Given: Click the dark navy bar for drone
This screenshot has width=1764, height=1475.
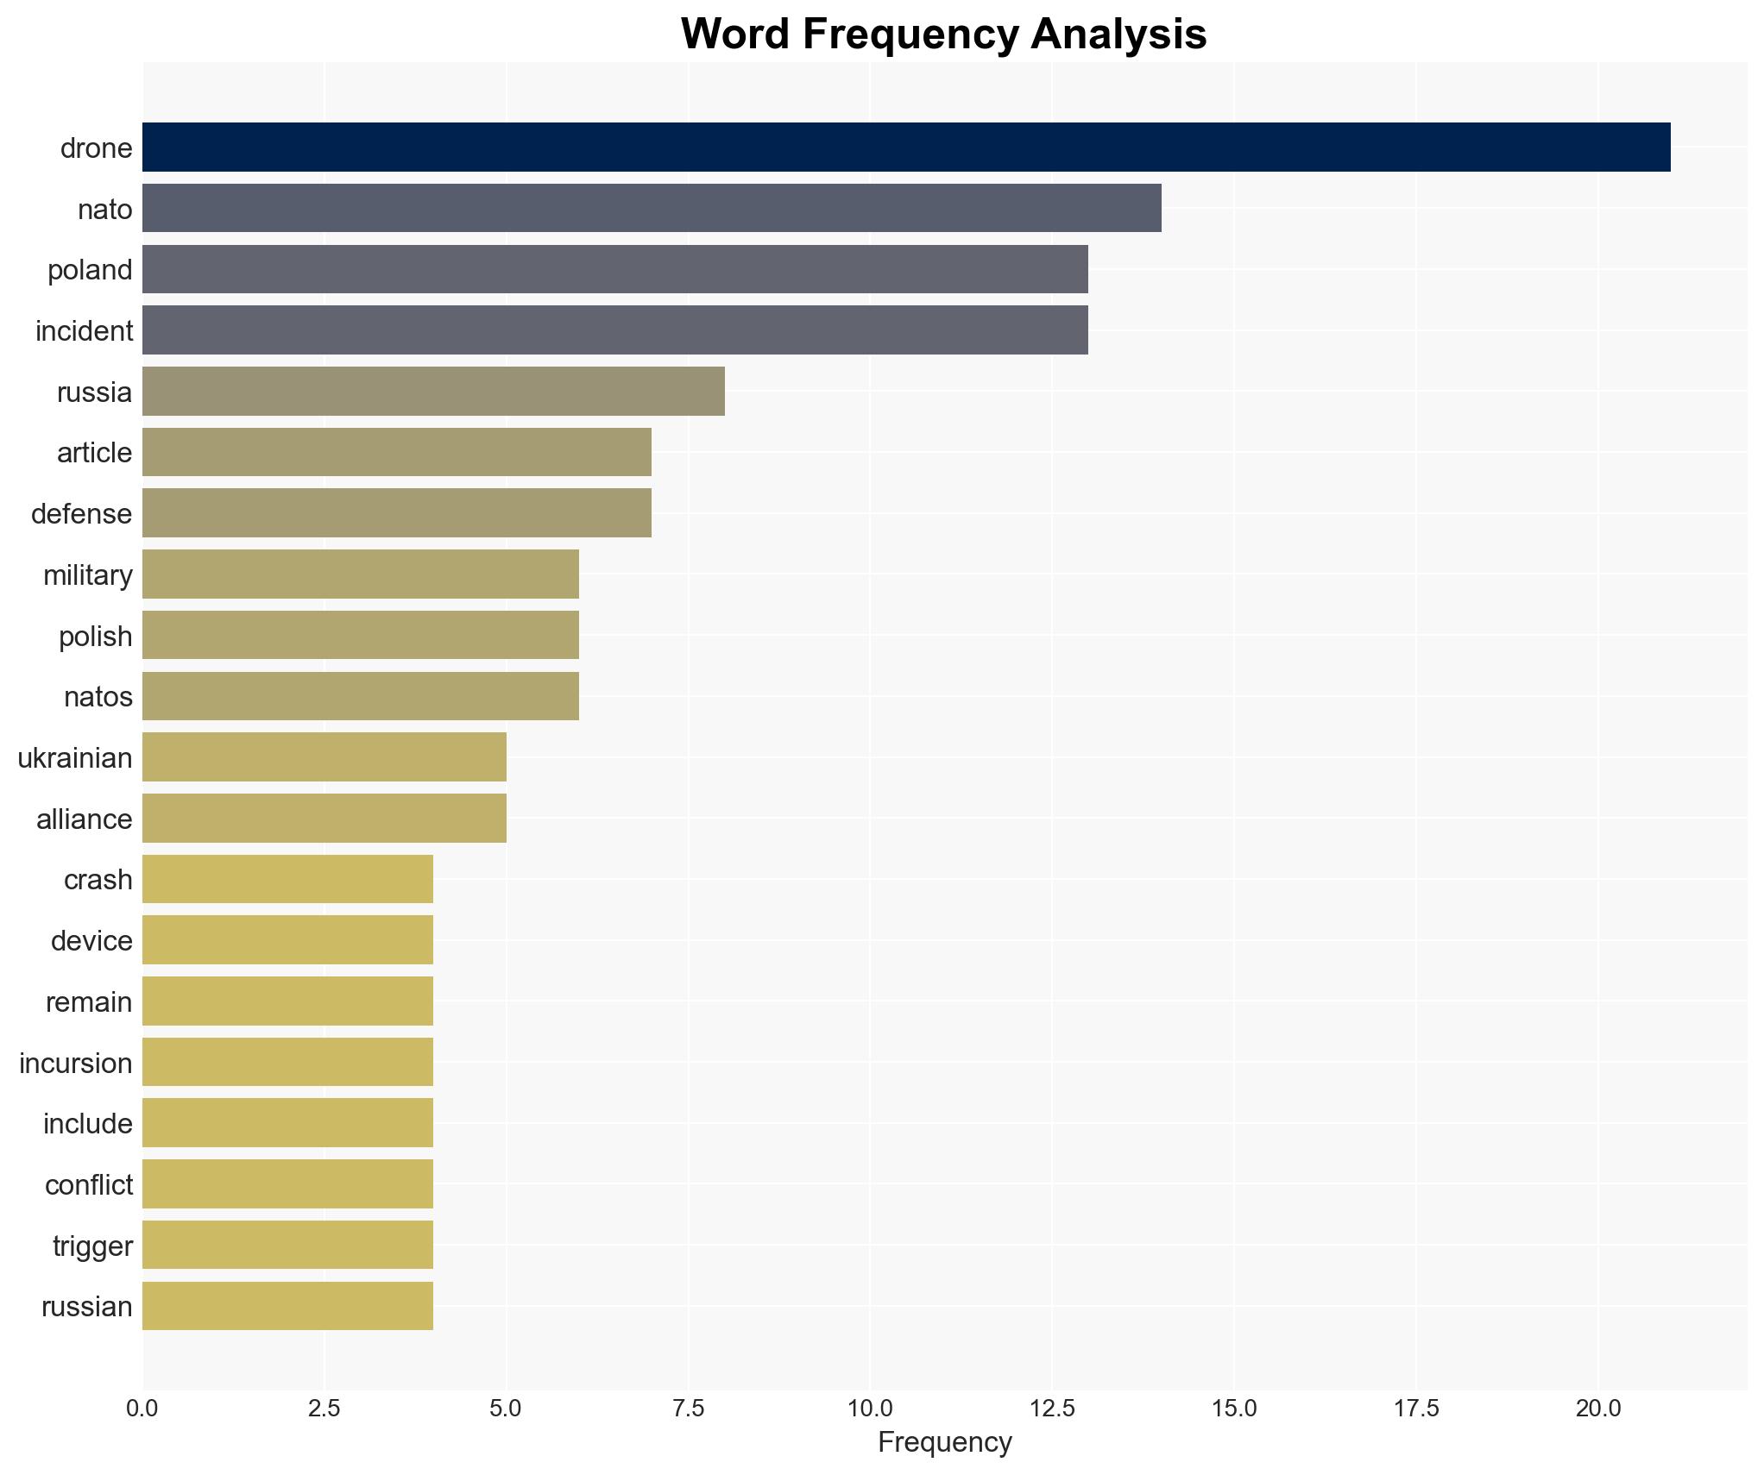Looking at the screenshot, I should click(x=906, y=147).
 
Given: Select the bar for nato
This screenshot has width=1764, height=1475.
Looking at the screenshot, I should click(x=652, y=208).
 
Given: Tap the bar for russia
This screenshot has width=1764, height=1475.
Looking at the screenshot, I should click(x=433, y=391).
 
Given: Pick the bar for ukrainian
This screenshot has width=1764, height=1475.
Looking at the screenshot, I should click(x=324, y=756).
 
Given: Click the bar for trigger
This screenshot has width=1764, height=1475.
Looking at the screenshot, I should click(x=287, y=1245).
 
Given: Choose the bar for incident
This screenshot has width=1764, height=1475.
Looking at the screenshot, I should click(x=614, y=330).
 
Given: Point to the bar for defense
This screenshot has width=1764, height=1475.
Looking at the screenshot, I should click(x=397, y=513).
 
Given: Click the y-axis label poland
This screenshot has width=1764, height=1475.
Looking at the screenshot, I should click(x=90, y=270).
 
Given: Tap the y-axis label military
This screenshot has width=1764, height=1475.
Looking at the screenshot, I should click(x=88, y=574).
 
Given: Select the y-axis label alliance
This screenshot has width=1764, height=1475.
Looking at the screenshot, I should click(x=85, y=819).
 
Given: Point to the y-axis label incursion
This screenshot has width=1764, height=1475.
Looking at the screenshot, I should click(x=76, y=1063).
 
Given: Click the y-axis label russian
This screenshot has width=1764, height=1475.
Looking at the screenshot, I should click(x=87, y=1306).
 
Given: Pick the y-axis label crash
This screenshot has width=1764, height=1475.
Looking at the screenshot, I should click(x=98, y=880).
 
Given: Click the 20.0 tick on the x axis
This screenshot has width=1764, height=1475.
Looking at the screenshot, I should click(x=1597, y=1409).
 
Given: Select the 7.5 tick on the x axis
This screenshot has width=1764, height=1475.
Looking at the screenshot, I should click(x=688, y=1409).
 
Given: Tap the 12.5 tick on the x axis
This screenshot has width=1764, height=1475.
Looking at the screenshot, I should click(x=1052, y=1409).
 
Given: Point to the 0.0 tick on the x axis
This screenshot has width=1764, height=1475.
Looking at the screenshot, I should click(x=142, y=1409).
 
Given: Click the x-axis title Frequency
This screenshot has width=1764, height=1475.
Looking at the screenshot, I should click(x=944, y=1442).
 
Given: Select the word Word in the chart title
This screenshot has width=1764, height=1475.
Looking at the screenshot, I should click(x=734, y=35).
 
